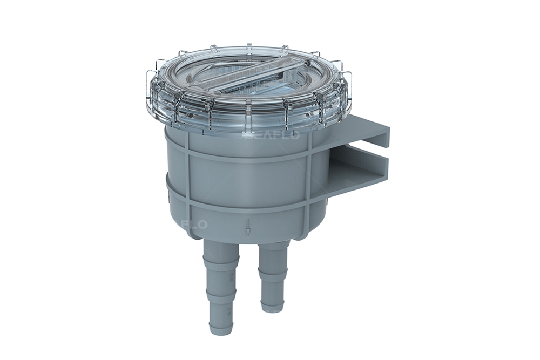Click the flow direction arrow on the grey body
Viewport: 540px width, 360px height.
tap(248, 227)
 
